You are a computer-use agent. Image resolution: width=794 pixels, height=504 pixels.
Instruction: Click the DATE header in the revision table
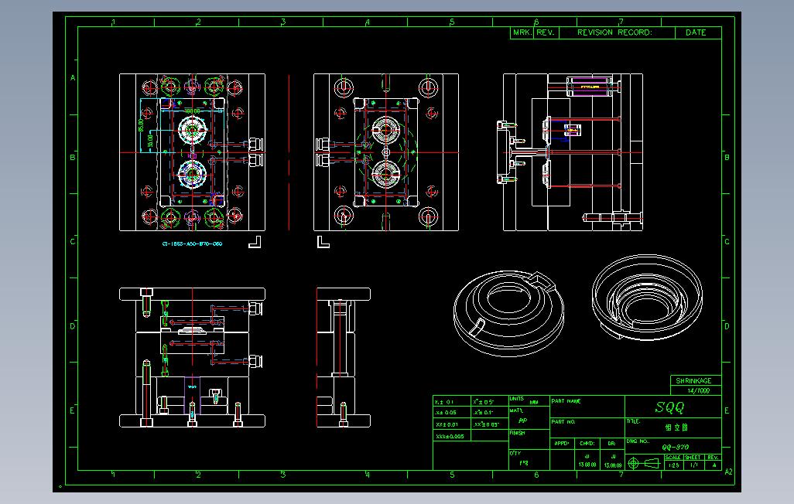pos(695,32)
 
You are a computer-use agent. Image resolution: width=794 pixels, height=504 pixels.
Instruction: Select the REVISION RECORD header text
pos(615,32)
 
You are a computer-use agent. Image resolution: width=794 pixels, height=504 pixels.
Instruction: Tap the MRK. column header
pos(521,32)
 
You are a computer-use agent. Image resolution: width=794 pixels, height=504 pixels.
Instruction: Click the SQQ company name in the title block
pos(670,407)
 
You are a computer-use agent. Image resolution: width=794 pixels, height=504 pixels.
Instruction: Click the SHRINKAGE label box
pos(694,381)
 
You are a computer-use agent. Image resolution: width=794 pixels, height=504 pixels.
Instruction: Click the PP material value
pos(522,421)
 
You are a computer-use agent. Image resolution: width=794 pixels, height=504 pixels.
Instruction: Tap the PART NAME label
pos(566,401)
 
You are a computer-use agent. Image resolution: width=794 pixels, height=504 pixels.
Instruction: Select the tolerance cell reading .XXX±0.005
pos(451,436)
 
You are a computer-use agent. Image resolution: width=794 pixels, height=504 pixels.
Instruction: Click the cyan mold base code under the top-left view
pos(191,243)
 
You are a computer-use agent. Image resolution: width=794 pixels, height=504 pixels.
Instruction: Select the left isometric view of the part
pos(507,313)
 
